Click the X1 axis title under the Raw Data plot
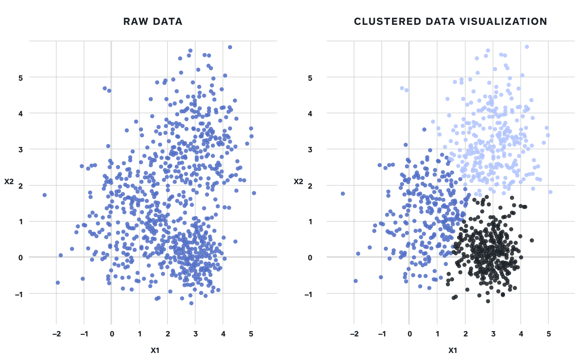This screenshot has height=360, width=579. [155, 350]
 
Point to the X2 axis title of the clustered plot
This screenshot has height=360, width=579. [298, 182]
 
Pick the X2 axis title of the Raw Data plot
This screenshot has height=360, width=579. [9, 182]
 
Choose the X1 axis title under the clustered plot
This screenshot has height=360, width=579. [453, 350]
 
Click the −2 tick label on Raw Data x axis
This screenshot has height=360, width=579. [56, 334]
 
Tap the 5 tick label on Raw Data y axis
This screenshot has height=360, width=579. [20, 77]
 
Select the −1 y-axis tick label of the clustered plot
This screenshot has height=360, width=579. [308, 294]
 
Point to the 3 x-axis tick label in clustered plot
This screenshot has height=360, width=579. [493, 334]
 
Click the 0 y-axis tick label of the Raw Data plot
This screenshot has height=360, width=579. [20, 257]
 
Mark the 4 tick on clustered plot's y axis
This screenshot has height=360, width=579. [310, 113]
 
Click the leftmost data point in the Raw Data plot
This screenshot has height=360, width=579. [45, 195]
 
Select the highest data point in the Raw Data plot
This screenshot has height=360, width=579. [230, 47]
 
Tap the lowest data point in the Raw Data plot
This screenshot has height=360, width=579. [191, 303]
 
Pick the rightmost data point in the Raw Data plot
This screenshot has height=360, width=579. [254, 193]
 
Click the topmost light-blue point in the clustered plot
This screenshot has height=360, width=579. [527, 47]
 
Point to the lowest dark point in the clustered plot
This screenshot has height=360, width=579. [488, 301]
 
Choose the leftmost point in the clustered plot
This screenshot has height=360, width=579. [342, 194]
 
